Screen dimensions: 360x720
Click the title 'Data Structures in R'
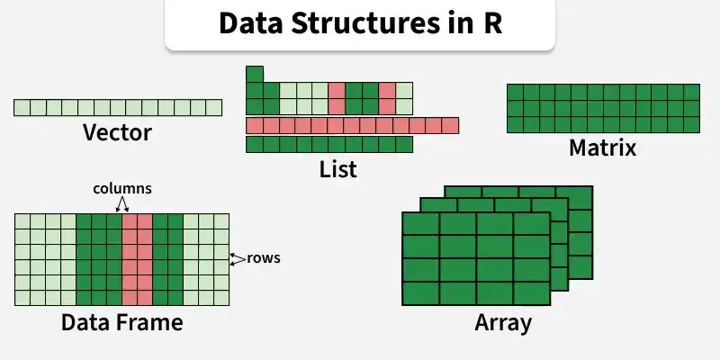(360, 24)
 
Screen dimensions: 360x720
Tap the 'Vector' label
(117, 134)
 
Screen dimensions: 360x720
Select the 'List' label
(338, 168)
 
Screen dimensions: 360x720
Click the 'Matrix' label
(602, 148)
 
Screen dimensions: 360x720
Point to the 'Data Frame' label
(121, 321)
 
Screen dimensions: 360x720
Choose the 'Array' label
(503, 321)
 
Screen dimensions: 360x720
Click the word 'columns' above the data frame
(122, 189)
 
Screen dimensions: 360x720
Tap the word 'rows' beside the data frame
(264, 258)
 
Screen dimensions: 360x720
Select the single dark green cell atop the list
(255, 74)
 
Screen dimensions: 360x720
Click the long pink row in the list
(352, 125)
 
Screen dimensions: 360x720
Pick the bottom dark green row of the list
(329, 144)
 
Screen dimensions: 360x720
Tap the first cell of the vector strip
(22, 108)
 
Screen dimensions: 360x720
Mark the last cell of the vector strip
(213, 108)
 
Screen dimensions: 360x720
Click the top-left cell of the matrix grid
(515, 91)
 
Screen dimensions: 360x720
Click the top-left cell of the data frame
(22, 221)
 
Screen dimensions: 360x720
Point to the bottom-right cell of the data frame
(220, 297)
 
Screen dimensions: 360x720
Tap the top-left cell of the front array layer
(420, 224)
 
